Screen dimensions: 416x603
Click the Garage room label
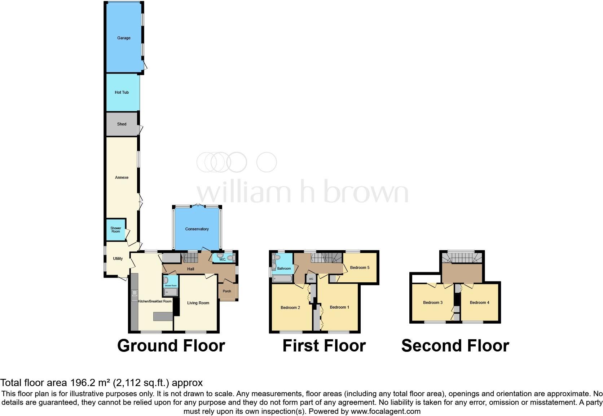tap(124, 38)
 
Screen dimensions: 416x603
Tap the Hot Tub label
tap(122, 92)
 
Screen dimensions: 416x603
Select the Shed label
tap(122, 124)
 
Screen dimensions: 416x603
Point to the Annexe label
tap(122, 177)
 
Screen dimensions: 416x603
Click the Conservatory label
tap(197, 229)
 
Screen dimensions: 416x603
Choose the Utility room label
tap(118, 258)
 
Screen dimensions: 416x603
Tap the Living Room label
tap(198, 303)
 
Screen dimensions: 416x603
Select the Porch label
tap(227, 291)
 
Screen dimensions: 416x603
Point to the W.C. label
tap(223, 260)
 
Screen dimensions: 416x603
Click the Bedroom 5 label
tap(360, 267)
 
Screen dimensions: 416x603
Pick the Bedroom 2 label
tap(290, 307)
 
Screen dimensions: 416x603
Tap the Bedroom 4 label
tap(479, 302)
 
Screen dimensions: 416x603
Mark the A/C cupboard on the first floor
tap(311, 279)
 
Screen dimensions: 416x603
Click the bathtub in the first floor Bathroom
tap(283, 279)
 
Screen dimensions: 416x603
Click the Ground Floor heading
tap(171, 346)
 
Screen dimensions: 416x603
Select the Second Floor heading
tap(455, 346)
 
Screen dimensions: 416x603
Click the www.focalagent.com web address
tap(386, 411)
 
